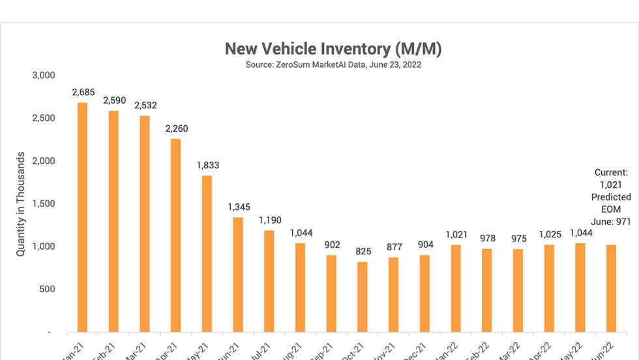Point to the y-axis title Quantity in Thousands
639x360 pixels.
click(x=21, y=203)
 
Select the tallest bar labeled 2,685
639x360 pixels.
click(x=82, y=217)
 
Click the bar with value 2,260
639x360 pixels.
click(x=175, y=235)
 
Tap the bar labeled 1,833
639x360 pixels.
click(x=207, y=254)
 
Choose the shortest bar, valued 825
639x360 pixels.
click(x=362, y=297)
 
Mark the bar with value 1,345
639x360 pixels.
click(x=238, y=275)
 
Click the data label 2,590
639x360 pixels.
click(x=115, y=101)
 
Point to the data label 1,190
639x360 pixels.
click(x=270, y=220)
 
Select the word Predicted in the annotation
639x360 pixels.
click(x=611, y=197)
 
